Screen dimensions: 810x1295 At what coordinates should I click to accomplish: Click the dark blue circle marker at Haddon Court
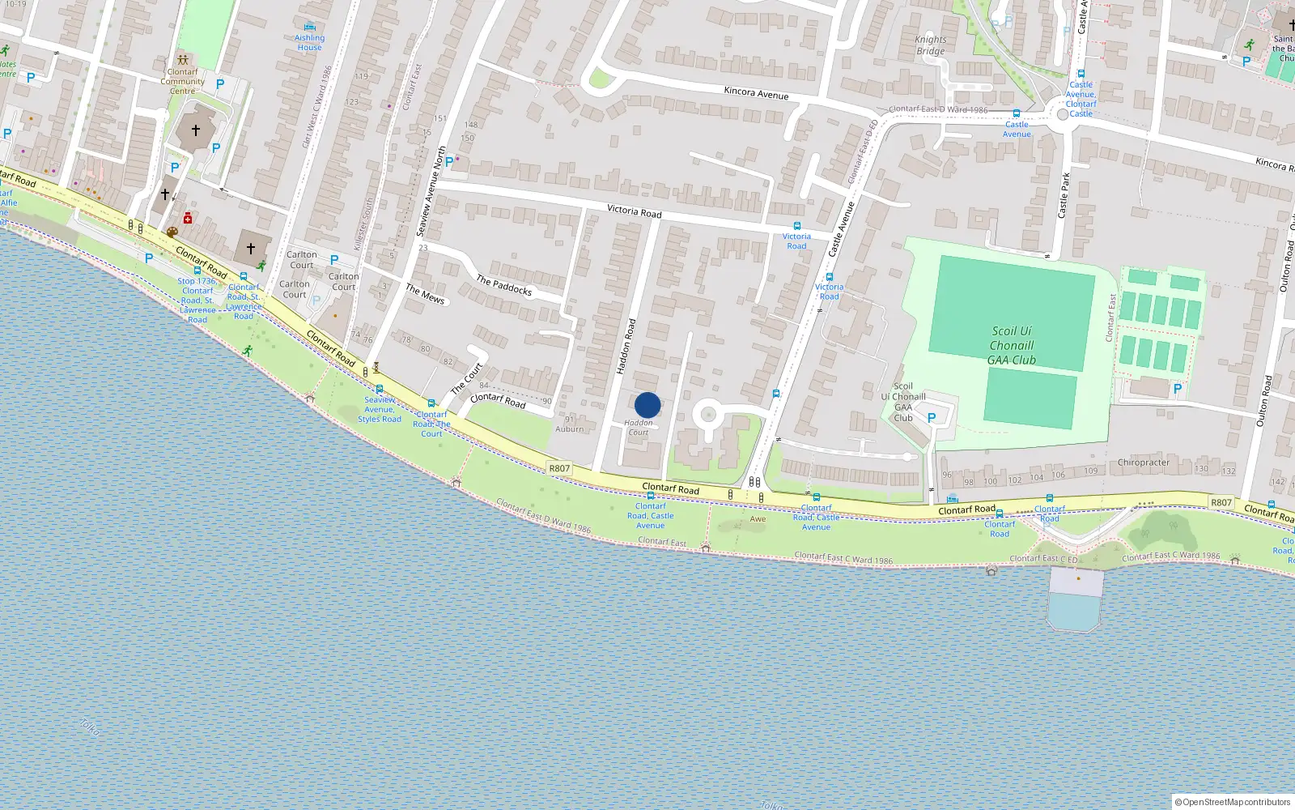647,405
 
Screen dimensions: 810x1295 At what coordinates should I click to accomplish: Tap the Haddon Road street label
626,347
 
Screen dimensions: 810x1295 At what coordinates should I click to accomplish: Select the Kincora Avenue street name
756,93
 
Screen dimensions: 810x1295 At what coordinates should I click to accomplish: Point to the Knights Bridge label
930,45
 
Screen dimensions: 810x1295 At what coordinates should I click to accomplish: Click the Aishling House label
309,43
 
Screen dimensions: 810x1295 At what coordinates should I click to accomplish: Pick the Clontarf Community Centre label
182,81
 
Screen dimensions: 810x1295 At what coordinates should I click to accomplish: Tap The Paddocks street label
503,285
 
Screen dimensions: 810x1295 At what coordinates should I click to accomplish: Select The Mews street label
425,294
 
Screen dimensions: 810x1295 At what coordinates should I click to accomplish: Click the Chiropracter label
1143,463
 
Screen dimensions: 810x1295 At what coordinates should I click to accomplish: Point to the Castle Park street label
1064,195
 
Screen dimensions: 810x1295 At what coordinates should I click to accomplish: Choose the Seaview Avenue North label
431,192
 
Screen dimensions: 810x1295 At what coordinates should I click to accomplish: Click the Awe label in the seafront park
758,519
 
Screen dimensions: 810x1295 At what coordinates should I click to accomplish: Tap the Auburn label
569,429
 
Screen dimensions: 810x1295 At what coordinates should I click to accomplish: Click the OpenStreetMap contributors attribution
1235,802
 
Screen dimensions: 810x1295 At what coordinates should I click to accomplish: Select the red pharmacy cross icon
188,218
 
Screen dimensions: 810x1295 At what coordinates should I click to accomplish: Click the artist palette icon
172,232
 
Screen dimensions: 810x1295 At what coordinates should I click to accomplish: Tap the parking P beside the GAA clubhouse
931,418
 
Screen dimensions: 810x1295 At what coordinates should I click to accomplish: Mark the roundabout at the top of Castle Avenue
1063,115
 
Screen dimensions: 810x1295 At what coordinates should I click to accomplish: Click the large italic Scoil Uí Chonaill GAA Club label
1012,346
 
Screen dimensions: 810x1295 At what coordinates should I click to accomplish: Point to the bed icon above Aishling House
309,27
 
